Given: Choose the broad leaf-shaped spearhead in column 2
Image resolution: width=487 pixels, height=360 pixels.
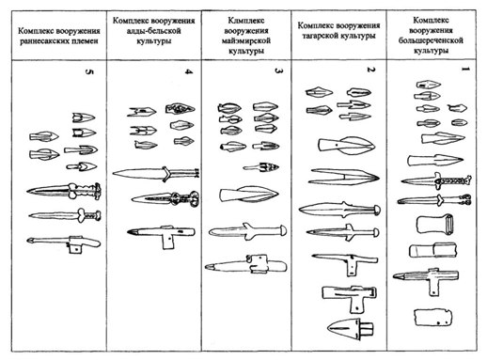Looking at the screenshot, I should coord(339,145).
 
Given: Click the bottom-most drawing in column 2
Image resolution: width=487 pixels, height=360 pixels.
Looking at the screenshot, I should coord(346,329).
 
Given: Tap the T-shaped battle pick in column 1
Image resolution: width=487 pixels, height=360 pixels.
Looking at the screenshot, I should coord(433,283).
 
